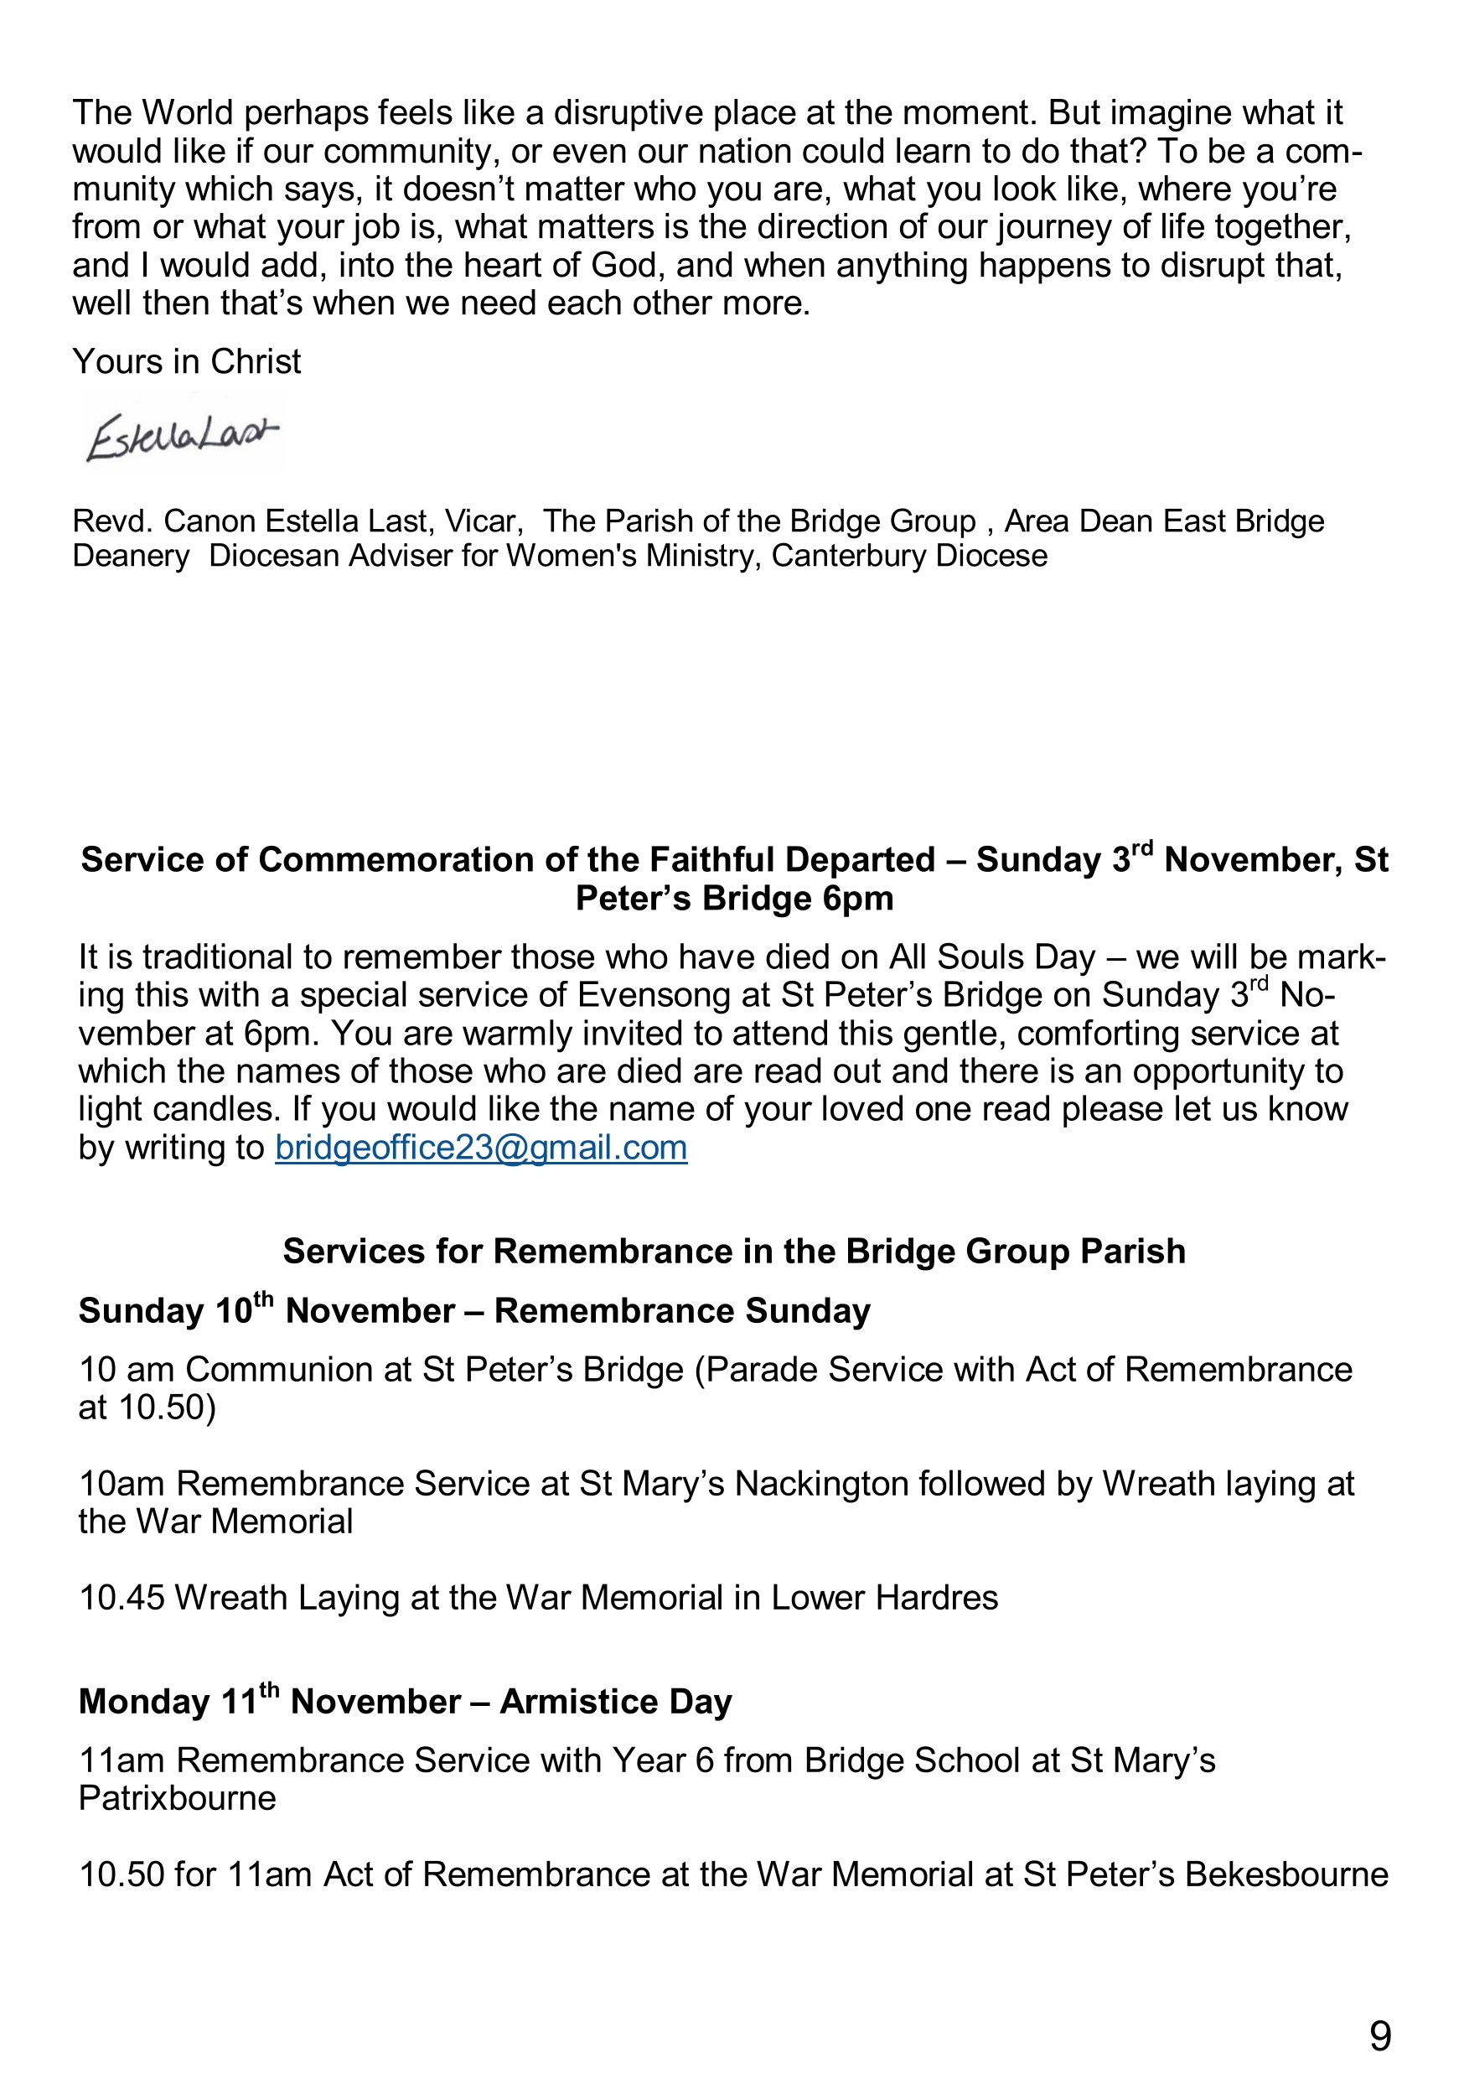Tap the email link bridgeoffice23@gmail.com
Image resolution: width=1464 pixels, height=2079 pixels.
click(481, 1148)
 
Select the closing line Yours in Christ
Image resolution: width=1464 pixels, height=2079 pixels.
click(187, 361)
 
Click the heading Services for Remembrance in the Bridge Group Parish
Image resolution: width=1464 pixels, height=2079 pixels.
click(733, 1251)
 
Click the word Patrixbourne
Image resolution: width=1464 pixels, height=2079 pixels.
click(178, 1797)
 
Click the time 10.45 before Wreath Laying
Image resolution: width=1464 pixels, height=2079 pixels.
click(122, 1598)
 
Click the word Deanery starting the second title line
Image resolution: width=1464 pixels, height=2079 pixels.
click(132, 555)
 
